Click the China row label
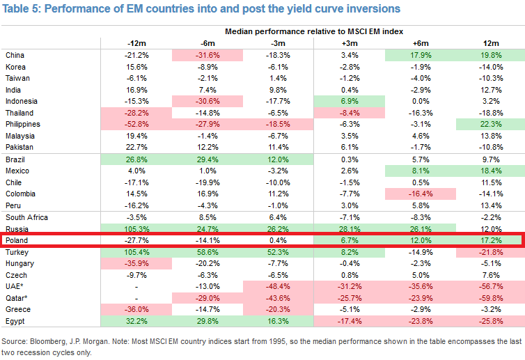tap(15, 55)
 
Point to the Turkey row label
tap(16, 252)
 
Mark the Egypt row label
tap(15, 321)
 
